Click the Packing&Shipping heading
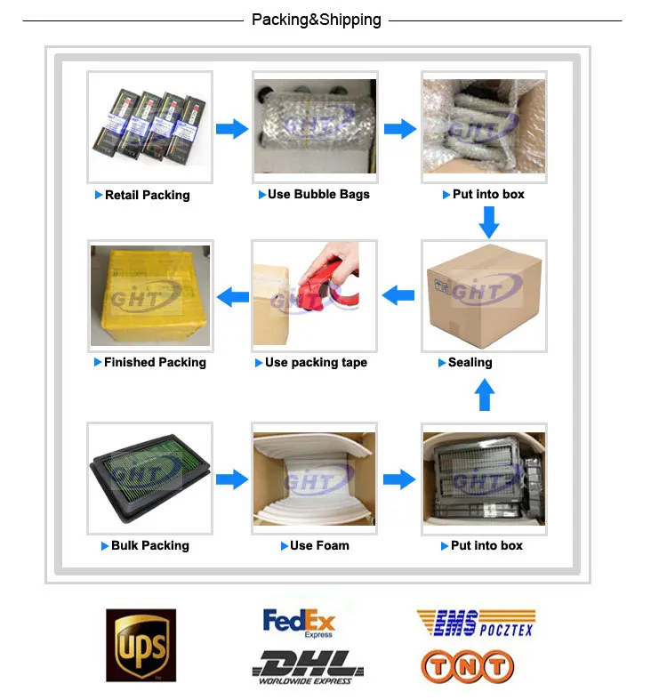click(316, 20)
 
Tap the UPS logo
click(141, 645)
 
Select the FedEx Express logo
click(299, 622)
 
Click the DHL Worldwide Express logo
click(307, 667)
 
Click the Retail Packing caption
click(147, 195)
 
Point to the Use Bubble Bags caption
click(318, 194)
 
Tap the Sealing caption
click(470, 362)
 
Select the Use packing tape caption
click(316, 362)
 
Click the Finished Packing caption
click(155, 362)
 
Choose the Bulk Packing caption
click(149, 545)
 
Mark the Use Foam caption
click(319, 545)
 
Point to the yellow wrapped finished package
click(149, 295)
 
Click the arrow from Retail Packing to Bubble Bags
click(232, 129)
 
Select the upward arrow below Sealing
click(484, 395)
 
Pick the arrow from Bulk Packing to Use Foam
click(232, 479)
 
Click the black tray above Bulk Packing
click(149, 477)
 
